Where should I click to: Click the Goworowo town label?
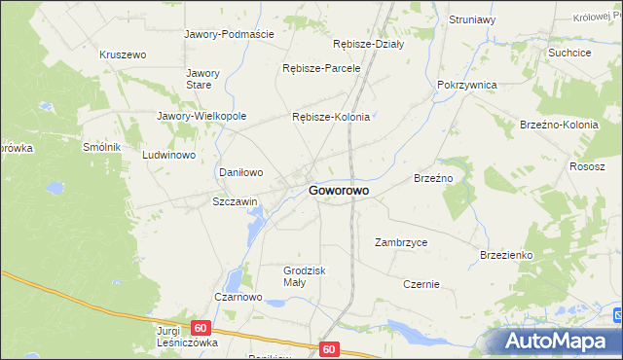click(x=338, y=192)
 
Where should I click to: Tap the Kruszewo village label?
click(x=123, y=54)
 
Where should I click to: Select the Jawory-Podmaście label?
click(x=230, y=34)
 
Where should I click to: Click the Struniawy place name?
click(x=472, y=19)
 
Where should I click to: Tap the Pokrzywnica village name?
click(x=467, y=85)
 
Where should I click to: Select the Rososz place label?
click(x=588, y=166)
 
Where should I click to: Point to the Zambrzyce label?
click(x=401, y=242)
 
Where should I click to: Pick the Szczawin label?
click(x=235, y=201)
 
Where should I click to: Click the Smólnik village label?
click(x=101, y=147)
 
